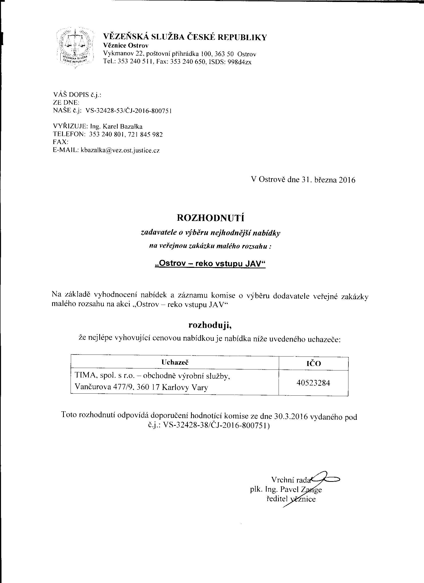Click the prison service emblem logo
pyautogui.click(x=75, y=47)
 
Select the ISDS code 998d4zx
pyautogui.click(x=239, y=62)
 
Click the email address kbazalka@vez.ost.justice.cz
pyautogui.click(x=120, y=150)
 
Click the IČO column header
pyautogui.click(x=314, y=363)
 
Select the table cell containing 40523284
pyautogui.click(x=313, y=383)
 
